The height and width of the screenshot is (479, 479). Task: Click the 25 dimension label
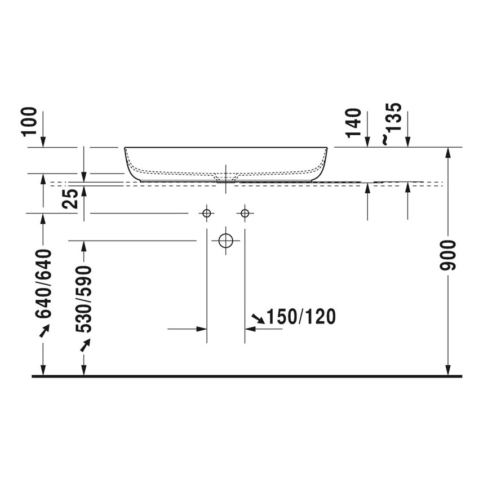pyautogui.click(x=71, y=199)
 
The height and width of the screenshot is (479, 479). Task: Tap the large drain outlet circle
pyautogui.click(x=225, y=240)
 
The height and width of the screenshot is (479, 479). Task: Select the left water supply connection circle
pyautogui.click(x=206, y=213)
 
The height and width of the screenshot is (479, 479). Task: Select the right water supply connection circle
pyautogui.click(x=244, y=213)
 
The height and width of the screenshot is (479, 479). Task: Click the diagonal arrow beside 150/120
pyautogui.click(x=258, y=318)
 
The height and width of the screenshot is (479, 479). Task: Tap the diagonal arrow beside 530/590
pyautogui.click(x=85, y=344)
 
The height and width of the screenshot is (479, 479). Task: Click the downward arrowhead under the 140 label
pyautogui.click(x=367, y=143)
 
